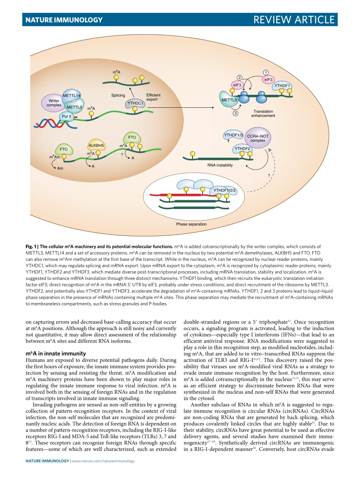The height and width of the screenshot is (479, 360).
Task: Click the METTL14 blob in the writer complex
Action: point(72,95)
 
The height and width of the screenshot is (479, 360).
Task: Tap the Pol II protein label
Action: point(67,116)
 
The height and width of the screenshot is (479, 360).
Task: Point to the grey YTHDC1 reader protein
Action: point(134,103)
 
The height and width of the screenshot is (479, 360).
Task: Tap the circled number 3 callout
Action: point(235,113)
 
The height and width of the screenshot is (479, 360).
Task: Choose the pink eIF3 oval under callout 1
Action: point(268,80)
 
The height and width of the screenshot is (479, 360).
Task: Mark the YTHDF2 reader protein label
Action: point(242,148)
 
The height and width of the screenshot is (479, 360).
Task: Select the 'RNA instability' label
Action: point(220,165)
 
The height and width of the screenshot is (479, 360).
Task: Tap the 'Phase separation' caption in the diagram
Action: point(191,224)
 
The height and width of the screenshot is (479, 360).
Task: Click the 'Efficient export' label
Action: point(153,97)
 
